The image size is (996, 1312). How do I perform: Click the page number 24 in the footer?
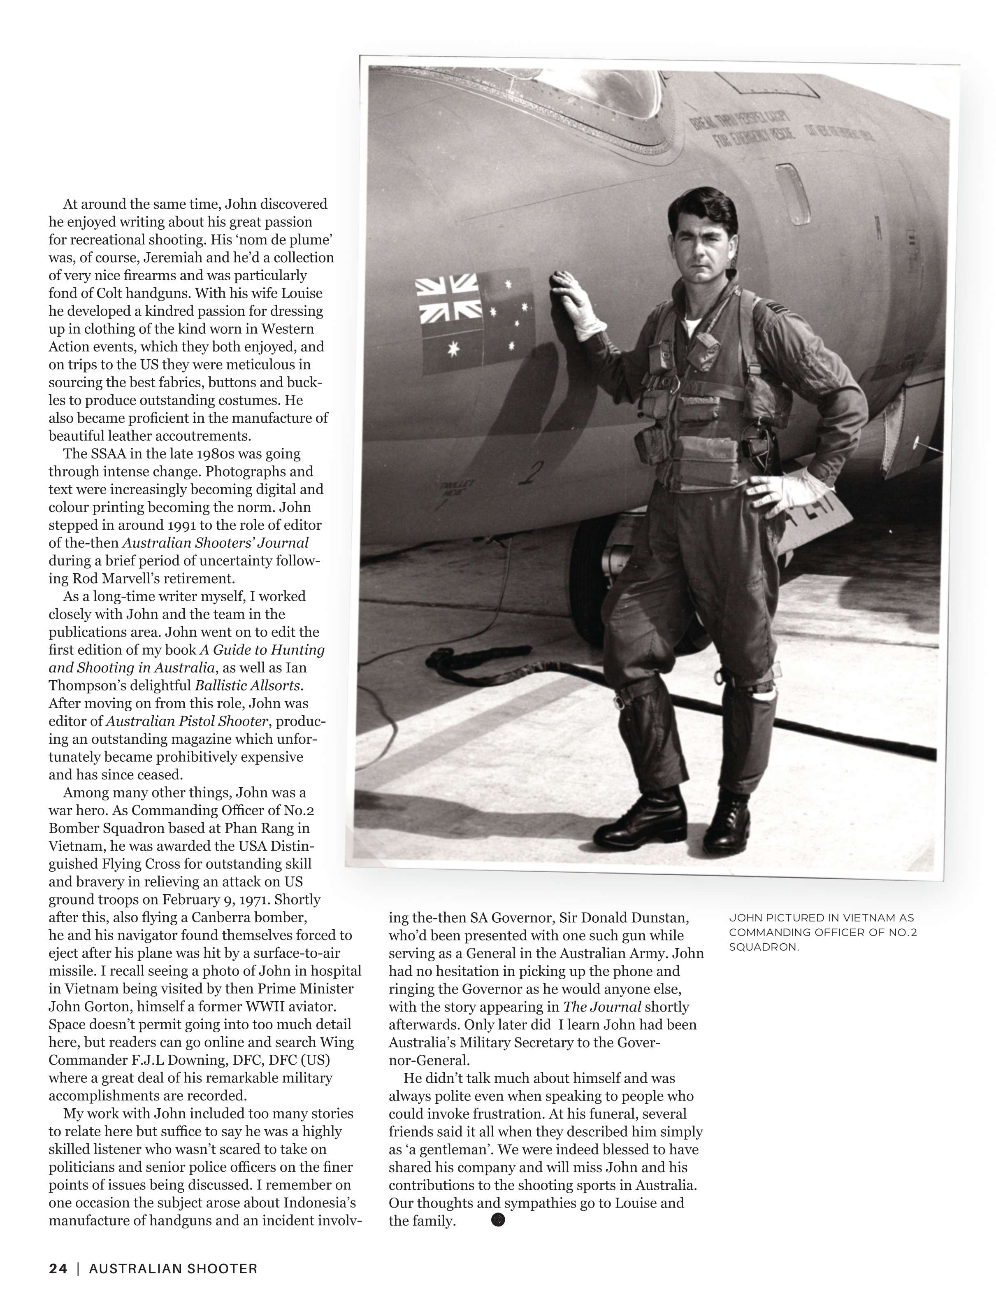[58, 1269]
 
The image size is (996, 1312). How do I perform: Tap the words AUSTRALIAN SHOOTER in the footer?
[173, 1269]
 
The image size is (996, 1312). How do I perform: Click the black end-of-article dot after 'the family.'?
[498, 1220]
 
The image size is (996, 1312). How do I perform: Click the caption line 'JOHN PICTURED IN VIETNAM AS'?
[821, 918]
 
